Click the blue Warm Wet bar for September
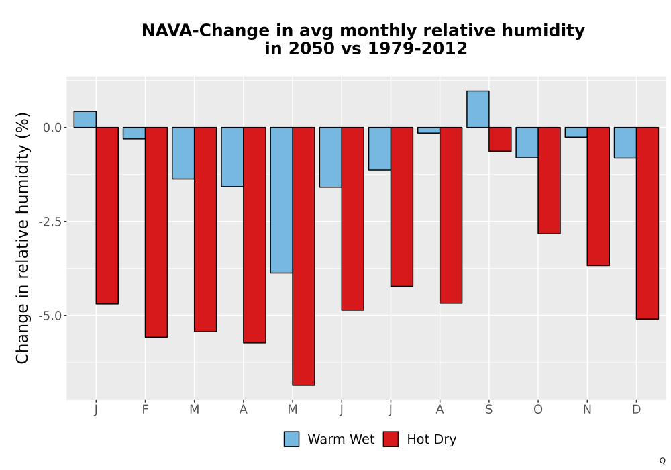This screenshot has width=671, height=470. (478, 109)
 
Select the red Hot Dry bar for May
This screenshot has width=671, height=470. (304, 256)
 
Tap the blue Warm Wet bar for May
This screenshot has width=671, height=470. (282, 200)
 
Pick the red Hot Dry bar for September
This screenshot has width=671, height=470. (501, 139)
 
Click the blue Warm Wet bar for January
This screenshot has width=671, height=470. (85, 120)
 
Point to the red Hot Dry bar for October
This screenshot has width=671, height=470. (549, 180)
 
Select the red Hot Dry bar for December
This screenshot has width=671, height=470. (648, 223)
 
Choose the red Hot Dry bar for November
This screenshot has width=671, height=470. (599, 197)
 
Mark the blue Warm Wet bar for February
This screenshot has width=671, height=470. (134, 133)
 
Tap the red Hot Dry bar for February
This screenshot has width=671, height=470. (156, 232)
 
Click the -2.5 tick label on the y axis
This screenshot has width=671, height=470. (50, 222)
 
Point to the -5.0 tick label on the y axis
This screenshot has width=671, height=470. (50, 316)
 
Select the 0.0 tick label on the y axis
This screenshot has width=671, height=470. (52, 128)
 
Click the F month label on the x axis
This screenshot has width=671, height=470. (145, 410)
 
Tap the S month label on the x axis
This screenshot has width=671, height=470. (488, 410)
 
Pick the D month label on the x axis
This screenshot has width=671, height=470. (636, 410)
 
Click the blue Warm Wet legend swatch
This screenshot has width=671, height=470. (291, 439)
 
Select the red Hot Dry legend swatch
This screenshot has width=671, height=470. (391, 439)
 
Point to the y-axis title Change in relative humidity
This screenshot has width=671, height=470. (22, 238)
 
